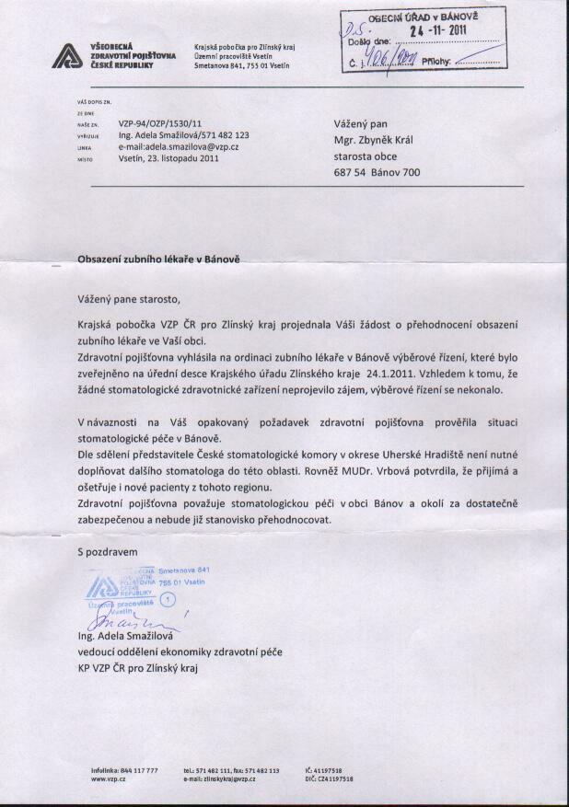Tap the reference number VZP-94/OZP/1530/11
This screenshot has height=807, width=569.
coord(159,121)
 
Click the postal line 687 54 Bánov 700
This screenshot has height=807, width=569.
coord(377,172)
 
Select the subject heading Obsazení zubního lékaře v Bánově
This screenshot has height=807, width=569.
coord(159,260)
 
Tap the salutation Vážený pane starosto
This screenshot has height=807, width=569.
coord(130,299)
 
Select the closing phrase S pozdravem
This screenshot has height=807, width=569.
coord(107,552)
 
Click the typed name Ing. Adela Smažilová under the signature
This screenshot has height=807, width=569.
coord(133,636)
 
